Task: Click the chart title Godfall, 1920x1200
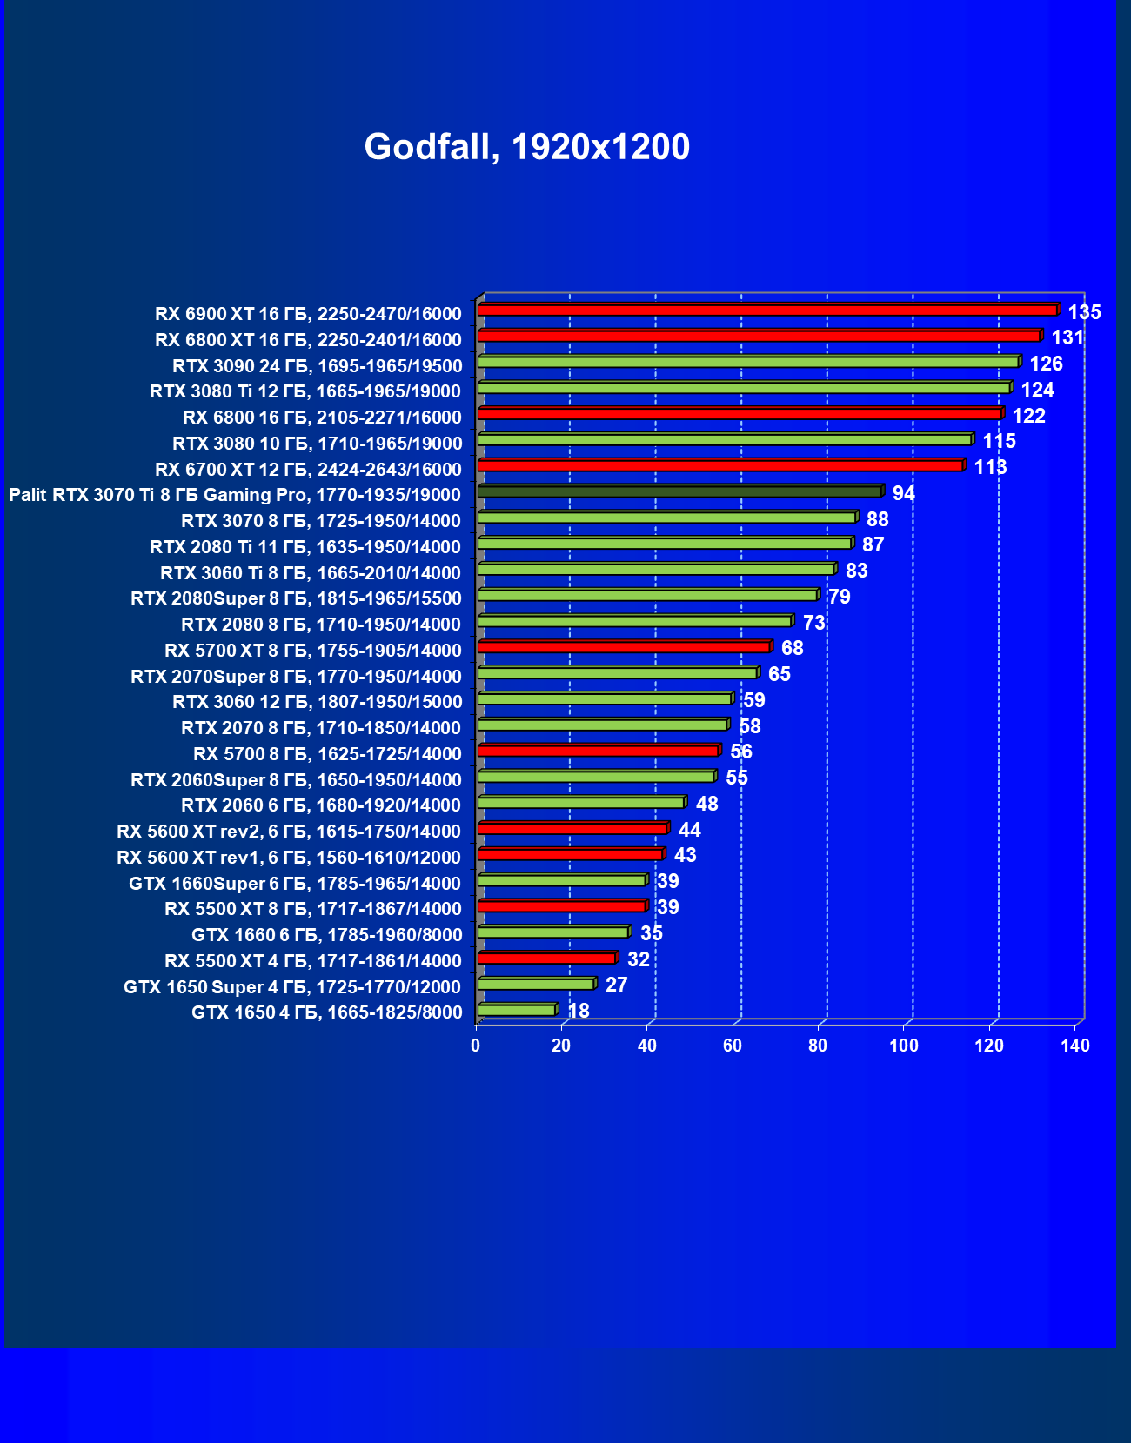pyautogui.click(x=526, y=147)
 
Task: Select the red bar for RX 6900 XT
pyautogui.click(x=766, y=311)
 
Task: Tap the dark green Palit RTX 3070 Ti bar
pyautogui.click(x=679, y=492)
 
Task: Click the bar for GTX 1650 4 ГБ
pyautogui.click(x=517, y=1010)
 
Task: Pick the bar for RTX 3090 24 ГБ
pyautogui.click(x=748, y=362)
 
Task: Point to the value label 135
pyautogui.click(x=1084, y=312)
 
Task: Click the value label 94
pyautogui.click(x=903, y=493)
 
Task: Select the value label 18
pyautogui.click(x=578, y=1011)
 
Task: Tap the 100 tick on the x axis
pyautogui.click(x=903, y=1046)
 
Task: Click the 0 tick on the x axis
pyautogui.click(x=475, y=1046)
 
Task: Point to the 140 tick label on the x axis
pyautogui.click(x=1074, y=1046)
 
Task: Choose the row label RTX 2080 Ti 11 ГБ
pyautogui.click(x=304, y=547)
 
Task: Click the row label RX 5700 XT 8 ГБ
pyautogui.click(x=312, y=651)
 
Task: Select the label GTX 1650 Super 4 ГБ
pyautogui.click(x=291, y=987)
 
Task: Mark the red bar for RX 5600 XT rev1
pyautogui.click(x=570, y=854)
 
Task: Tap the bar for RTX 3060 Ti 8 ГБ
pyautogui.click(x=656, y=570)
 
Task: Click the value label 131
pyautogui.click(x=1067, y=338)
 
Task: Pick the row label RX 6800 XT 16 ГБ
pyautogui.click(x=307, y=340)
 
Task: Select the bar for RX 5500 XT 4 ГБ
pyautogui.click(x=546, y=958)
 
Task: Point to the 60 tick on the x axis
pyautogui.click(x=732, y=1046)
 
